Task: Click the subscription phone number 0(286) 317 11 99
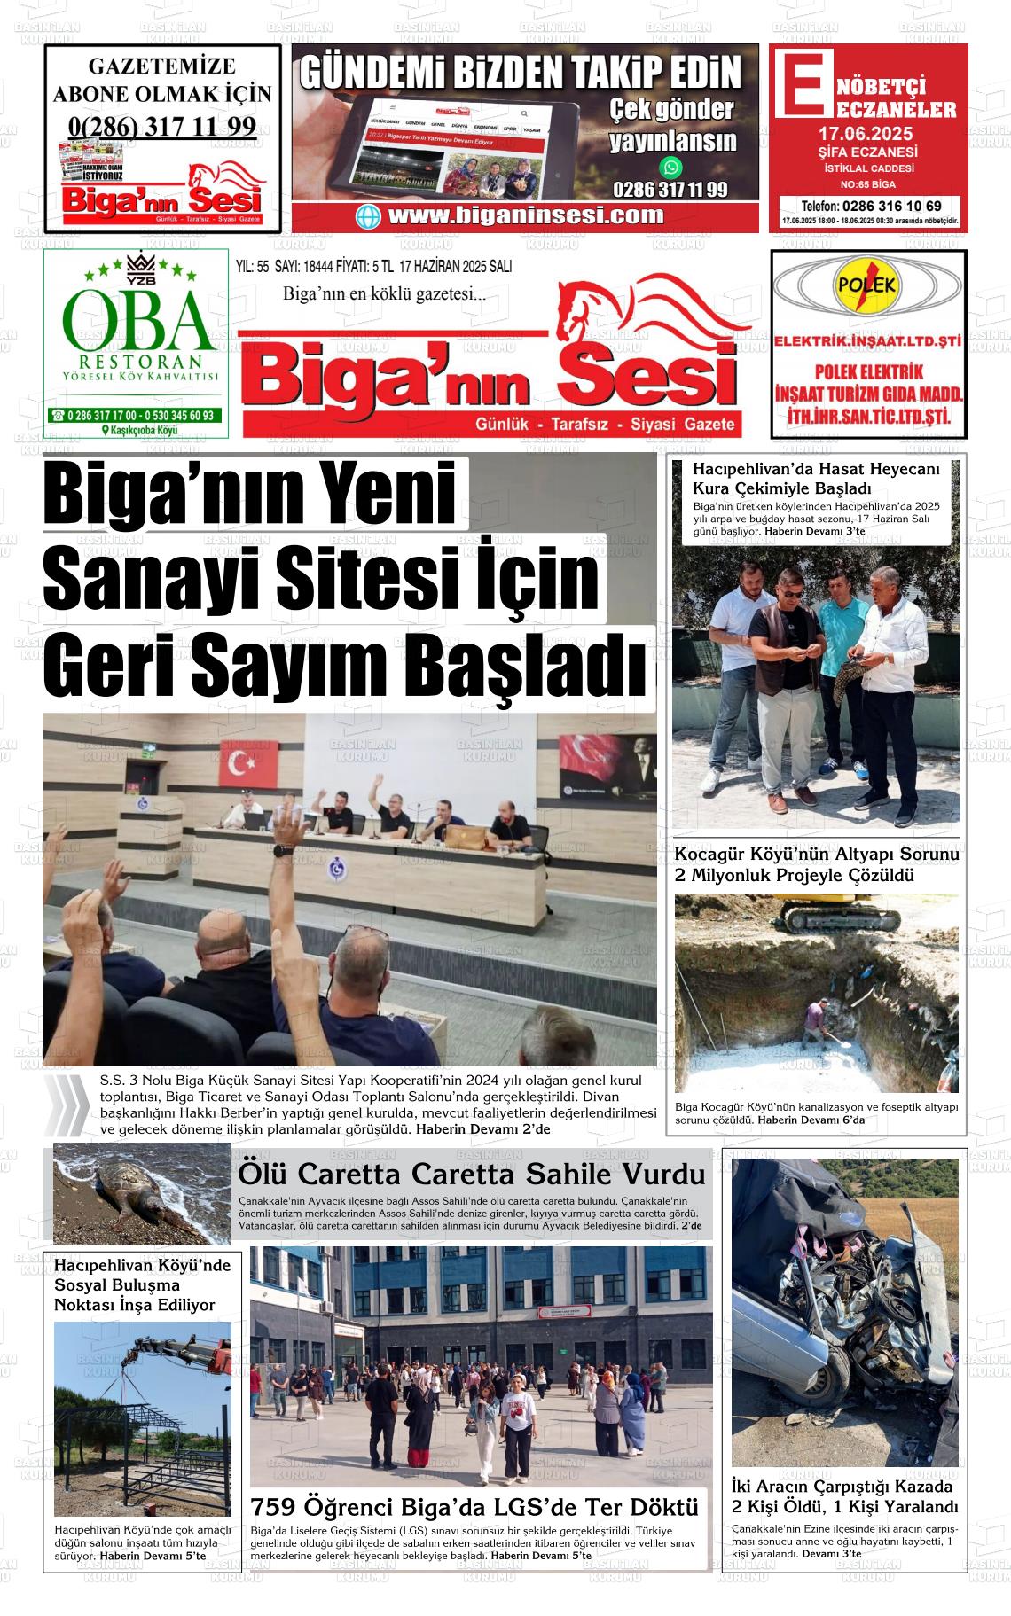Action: (162, 126)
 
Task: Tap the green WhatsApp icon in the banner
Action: (672, 167)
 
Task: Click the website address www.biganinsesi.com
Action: (525, 215)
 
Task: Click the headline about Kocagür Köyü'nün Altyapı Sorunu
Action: (817, 865)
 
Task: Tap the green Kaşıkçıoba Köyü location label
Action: (141, 430)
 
